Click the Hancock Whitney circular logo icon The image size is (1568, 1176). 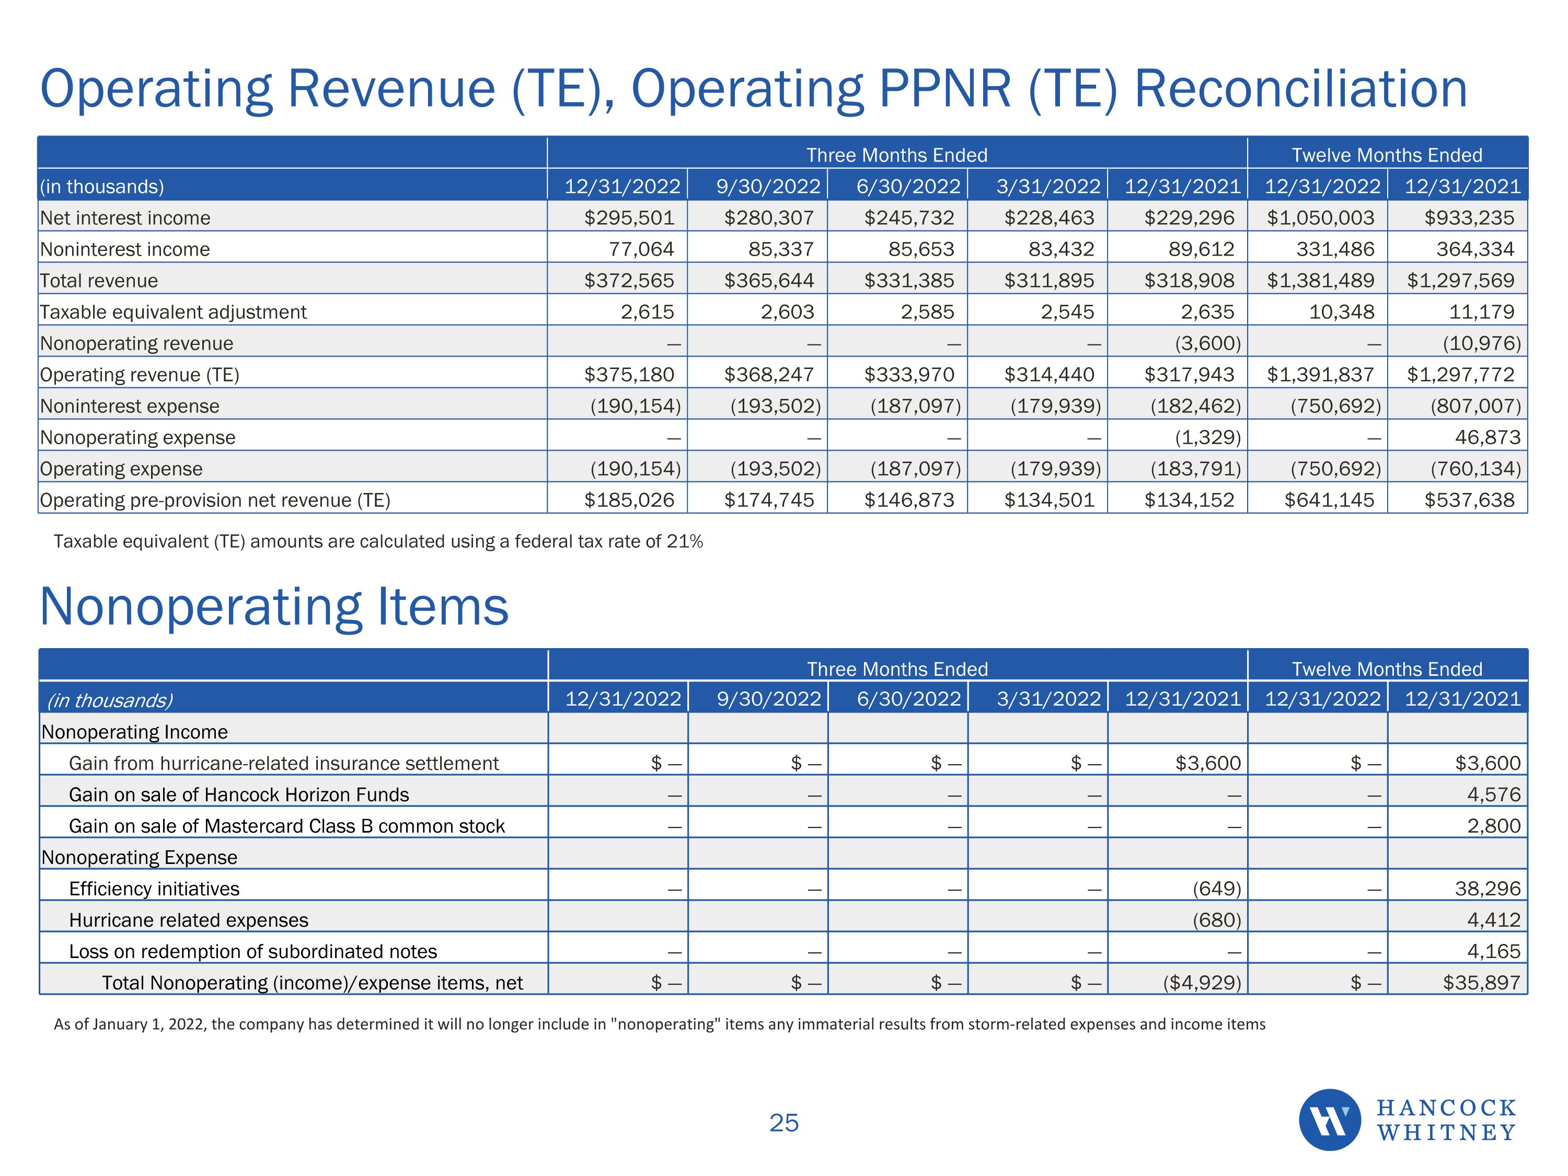tap(1329, 1120)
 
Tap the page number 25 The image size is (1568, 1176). tap(783, 1123)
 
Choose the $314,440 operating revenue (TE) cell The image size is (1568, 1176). tap(1049, 374)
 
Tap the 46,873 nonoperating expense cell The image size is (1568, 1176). tap(1487, 437)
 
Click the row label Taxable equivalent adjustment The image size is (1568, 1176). tap(173, 312)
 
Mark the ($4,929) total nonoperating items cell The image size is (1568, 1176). tap(1202, 983)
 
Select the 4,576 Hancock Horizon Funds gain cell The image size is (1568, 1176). tap(1494, 794)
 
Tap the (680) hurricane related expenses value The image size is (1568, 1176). tap(1216, 920)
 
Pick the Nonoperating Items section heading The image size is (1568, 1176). tap(274, 607)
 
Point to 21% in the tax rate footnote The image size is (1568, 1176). tap(685, 541)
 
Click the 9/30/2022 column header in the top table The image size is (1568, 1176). tap(768, 187)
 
